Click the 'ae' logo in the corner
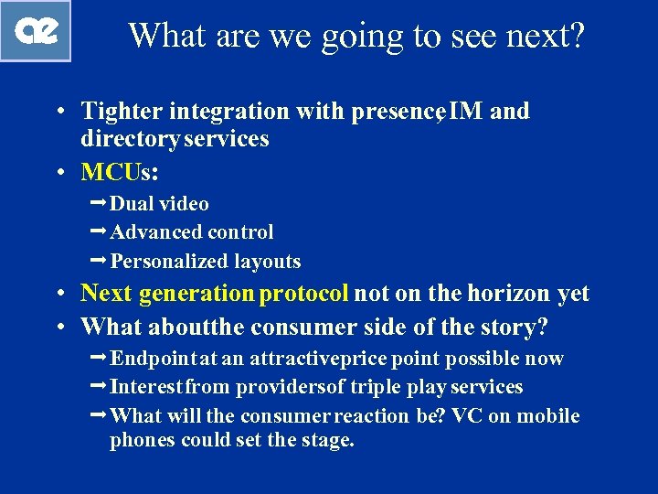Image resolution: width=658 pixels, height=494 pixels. (36, 31)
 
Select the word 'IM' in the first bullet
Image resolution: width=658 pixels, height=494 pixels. (467, 112)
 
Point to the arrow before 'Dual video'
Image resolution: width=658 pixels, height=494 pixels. (99, 203)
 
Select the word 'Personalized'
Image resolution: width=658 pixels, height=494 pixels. (168, 262)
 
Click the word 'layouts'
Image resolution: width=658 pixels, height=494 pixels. (267, 262)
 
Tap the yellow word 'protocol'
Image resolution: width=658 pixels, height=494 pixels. (303, 294)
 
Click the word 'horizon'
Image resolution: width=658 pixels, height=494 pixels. (509, 294)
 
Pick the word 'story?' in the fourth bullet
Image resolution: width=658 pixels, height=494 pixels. (516, 326)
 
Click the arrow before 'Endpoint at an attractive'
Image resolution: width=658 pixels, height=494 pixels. (99, 358)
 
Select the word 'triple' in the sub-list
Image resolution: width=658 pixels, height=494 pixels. (375, 387)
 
